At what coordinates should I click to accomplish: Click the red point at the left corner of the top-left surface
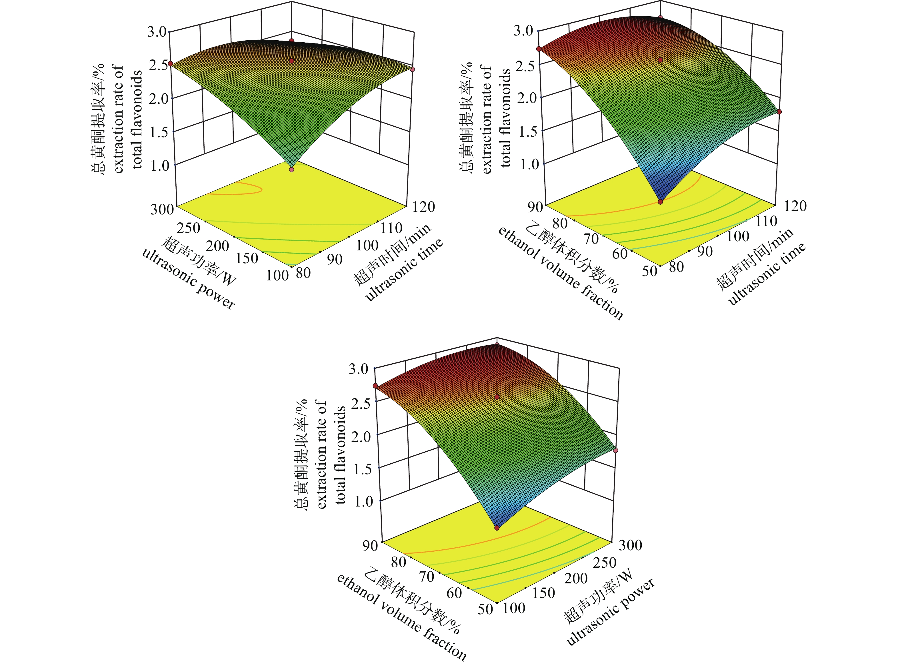(x=170, y=64)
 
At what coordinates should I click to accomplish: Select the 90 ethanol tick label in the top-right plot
(x=534, y=207)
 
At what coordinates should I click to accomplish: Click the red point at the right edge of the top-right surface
(x=779, y=112)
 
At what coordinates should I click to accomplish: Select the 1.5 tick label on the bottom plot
(x=363, y=469)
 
